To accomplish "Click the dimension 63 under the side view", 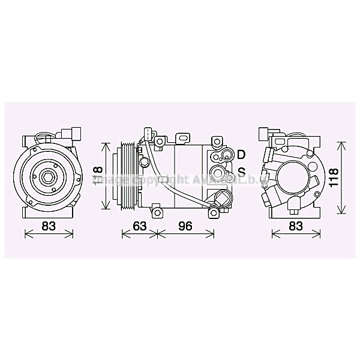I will point(139,226).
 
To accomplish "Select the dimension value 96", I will point(185,226).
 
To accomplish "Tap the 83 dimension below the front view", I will point(50,226).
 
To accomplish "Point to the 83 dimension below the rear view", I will point(295,226).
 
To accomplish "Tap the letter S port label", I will point(241,172).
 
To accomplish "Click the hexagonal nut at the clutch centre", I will point(48,178).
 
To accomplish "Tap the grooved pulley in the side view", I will point(128,176).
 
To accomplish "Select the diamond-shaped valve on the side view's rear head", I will point(222,199).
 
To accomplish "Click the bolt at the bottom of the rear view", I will point(293,208).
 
